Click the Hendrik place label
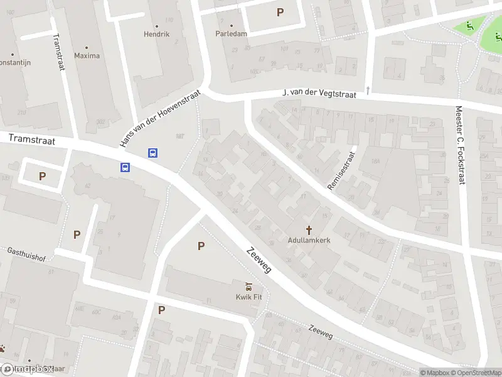point(156,34)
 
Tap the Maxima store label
point(87,56)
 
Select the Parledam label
point(231,34)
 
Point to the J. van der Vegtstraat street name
point(319,94)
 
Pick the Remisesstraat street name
point(342,170)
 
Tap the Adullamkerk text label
point(309,241)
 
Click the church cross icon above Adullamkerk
point(309,230)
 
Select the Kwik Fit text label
point(248,297)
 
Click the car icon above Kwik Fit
point(248,287)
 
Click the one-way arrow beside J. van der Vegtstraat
point(368,89)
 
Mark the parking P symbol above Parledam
point(280,12)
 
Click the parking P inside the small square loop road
point(42,177)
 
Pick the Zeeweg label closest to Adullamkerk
point(259,259)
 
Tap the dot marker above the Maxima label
point(87,47)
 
